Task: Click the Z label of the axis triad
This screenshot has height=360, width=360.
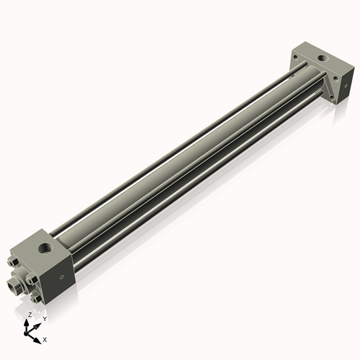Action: [30, 315]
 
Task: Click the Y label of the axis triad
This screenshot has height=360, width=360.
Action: [44, 318]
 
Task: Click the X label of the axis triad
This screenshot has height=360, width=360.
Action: [45, 338]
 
